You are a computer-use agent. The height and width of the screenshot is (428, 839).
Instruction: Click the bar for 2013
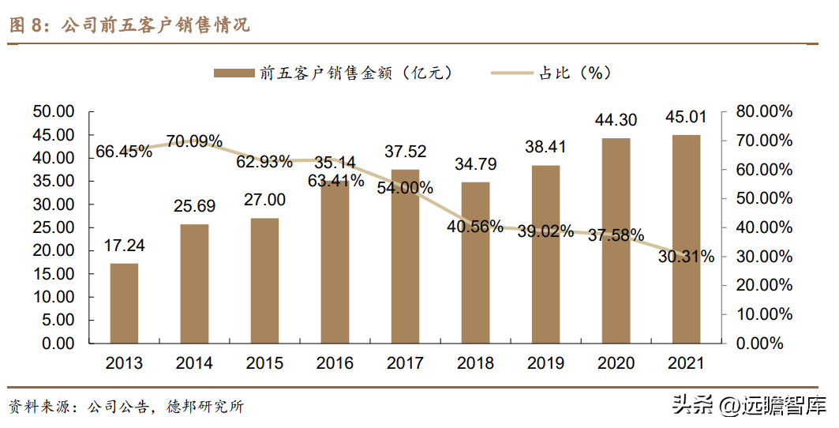click(124, 304)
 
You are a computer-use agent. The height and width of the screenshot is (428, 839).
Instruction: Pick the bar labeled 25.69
click(194, 284)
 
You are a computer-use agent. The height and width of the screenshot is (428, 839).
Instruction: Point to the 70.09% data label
click(195, 141)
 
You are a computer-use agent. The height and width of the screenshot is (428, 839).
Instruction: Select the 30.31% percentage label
click(686, 256)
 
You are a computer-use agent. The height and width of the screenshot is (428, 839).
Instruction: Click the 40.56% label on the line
click(474, 227)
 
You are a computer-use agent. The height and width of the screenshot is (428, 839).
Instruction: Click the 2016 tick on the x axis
click(335, 363)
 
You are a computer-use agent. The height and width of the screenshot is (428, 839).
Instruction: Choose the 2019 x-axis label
click(545, 363)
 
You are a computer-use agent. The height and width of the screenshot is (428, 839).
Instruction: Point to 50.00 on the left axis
click(54, 111)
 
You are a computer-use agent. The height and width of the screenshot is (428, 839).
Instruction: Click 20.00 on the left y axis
click(54, 251)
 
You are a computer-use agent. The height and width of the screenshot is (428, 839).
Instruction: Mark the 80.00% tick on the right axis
click(763, 111)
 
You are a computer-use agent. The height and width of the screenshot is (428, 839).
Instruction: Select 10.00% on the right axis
click(763, 314)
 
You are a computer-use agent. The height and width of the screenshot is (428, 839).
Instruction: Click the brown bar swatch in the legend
click(233, 73)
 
